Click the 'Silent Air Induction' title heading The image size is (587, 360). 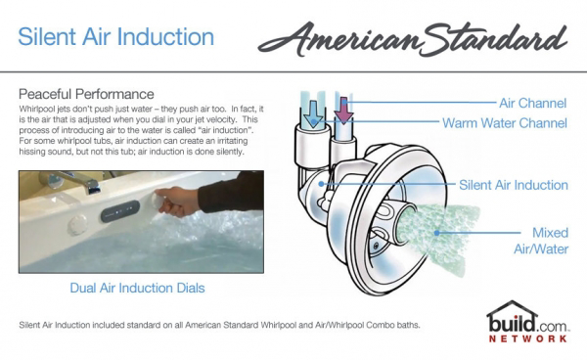pyautogui.click(x=116, y=37)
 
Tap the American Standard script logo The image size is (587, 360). pyautogui.click(x=413, y=39)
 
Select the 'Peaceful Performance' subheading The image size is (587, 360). pyautogui.click(x=86, y=94)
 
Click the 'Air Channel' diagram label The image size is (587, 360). pyautogui.click(x=533, y=104)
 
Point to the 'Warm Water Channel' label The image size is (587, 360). pyautogui.click(x=505, y=123)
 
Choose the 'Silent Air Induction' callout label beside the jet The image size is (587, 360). pyautogui.click(x=514, y=185)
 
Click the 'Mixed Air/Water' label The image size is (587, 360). pyautogui.click(x=541, y=241)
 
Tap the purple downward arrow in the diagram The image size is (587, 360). pyautogui.click(x=343, y=111)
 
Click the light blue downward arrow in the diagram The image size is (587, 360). pyautogui.click(x=313, y=114)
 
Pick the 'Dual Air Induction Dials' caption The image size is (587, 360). pyautogui.click(x=137, y=289)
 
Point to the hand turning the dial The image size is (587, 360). pyautogui.click(x=176, y=202)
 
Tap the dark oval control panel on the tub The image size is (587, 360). pyautogui.click(x=119, y=210)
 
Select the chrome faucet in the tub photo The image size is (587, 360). pyautogui.click(x=71, y=181)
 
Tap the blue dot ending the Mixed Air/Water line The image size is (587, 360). pyautogui.click(x=436, y=233)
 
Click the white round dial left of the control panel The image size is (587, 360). pyautogui.click(x=77, y=225)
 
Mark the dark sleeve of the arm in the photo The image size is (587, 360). pyautogui.click(x=231, y=193)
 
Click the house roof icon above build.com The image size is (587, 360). pyautogui.click(x=512, y=309)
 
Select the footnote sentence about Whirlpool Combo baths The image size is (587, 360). pyautogui.click(x=219, y=325)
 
